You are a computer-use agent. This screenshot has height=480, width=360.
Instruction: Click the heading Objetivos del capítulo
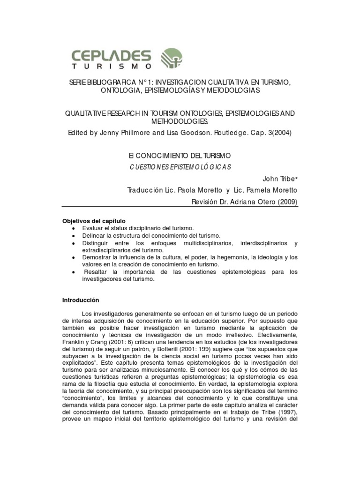pyautogui.click(x=94, y=221)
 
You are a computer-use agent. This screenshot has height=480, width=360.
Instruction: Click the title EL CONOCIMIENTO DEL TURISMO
pyautogui.click(x=180, y=155)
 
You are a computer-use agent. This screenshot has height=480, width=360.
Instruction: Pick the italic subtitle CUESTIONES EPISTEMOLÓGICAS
pyautogui.click(x=180, y=167)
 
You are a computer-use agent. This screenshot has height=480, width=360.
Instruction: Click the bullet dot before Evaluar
pyautogui.click(x=75, y=228)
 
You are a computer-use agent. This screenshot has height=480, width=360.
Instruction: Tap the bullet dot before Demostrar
pyautogui.click(x=75, y=258)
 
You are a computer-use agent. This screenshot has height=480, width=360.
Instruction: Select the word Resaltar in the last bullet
pyautogui.click(x=94, y=272)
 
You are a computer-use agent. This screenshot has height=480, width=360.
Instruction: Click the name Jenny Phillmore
pyautogui.click(x=122, y=133)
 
